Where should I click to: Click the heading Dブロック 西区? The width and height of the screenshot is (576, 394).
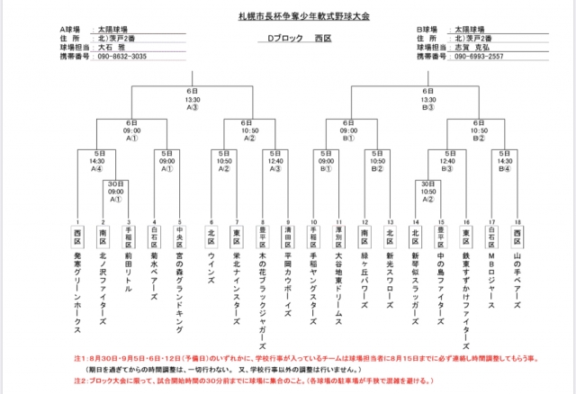point(287,40)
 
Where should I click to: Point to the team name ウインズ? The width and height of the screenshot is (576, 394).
point(211,268)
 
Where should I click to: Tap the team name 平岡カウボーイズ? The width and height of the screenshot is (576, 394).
point(288,280)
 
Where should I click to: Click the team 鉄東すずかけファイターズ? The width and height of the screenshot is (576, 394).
point(466,296)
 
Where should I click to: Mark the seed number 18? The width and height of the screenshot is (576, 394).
point(517,221)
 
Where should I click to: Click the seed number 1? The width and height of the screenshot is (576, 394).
point(77,221)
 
